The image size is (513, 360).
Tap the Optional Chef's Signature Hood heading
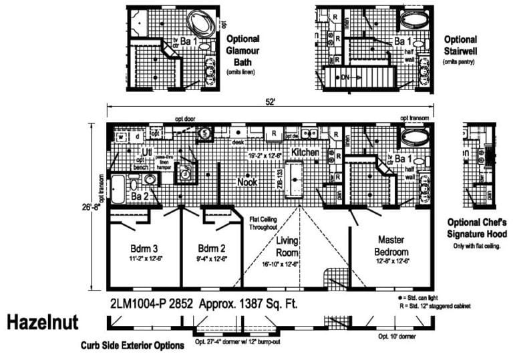click(477, 228)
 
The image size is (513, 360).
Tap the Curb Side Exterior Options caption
click(132, 346)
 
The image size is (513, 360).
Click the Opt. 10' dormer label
click(397, 337)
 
